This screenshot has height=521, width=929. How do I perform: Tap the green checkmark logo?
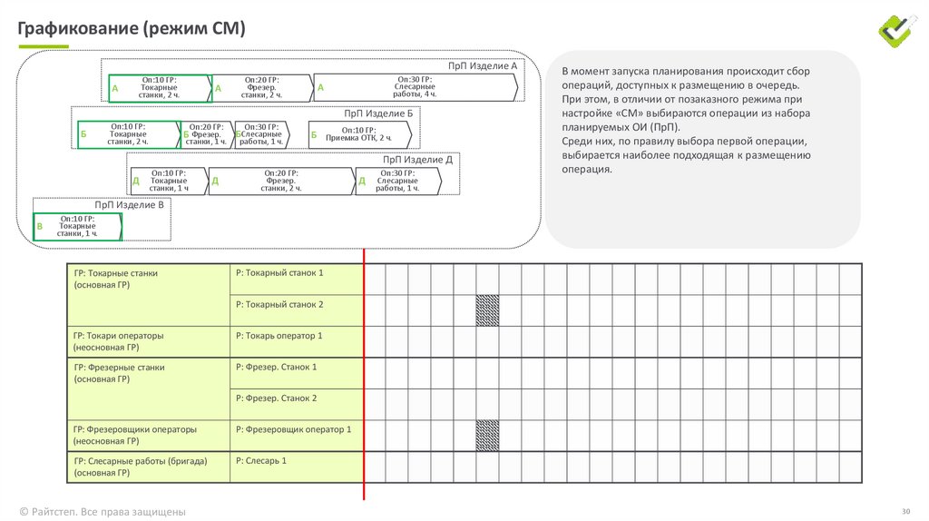tap(898, 29)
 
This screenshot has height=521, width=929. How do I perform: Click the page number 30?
tap(905, 510)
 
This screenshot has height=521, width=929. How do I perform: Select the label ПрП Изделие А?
tap(483, 66)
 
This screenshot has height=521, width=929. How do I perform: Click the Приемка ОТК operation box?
tap(359, 133)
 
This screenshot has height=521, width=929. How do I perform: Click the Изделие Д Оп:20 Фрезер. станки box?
tap(281, 181)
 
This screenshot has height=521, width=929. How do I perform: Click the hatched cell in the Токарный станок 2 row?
tap(487, 310)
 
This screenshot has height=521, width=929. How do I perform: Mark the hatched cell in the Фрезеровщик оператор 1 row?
tap(487, 435)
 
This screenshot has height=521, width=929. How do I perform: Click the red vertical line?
tap(364, 381)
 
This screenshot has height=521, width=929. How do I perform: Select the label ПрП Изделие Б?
tap(378, 113)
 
